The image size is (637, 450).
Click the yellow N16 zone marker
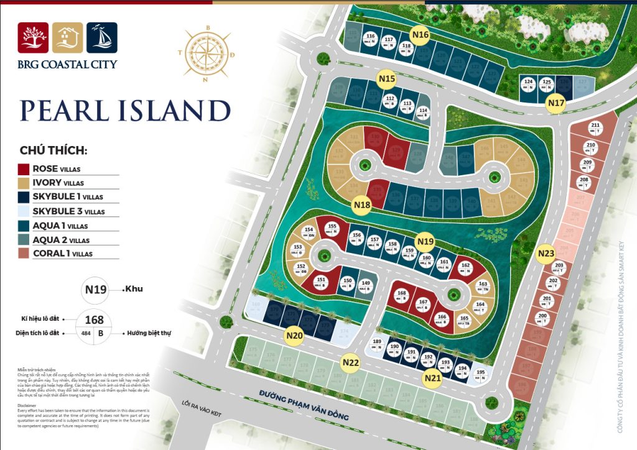click(421, 35)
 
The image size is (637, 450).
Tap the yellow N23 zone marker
click(546, 254)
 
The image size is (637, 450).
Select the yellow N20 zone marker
click(294, 336)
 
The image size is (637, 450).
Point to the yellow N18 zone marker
click(361, 204)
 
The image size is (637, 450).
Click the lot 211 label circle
click(595, 128)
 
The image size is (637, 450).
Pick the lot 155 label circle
click(332, 229)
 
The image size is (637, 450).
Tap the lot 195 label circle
click(480, 375)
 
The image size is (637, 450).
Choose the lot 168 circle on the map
click(402, 296)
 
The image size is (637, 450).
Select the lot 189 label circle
click(377, 344)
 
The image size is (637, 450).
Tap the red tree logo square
click(33, 39)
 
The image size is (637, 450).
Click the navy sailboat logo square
click(102, 39)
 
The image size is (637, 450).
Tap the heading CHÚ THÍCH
click(53, 151)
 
